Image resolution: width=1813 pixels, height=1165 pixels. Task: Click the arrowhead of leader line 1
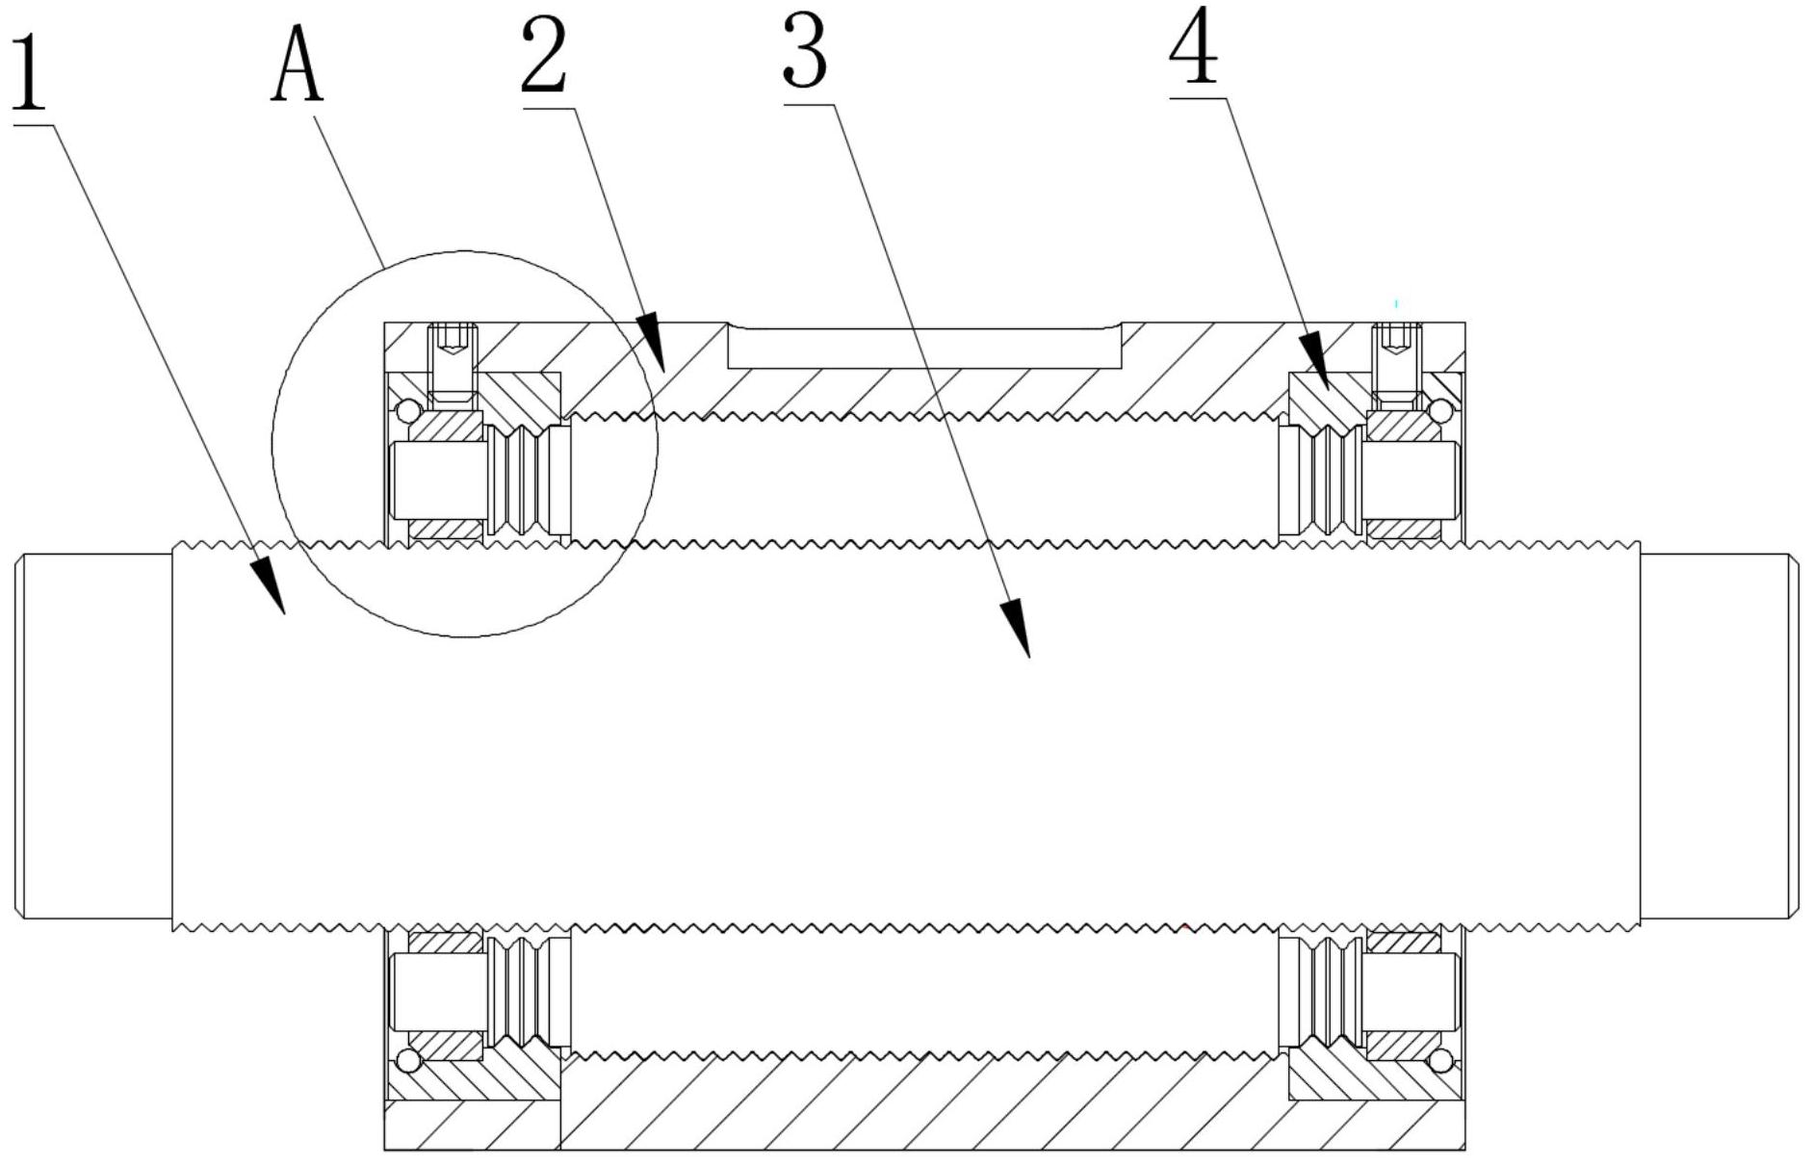coord(270,585)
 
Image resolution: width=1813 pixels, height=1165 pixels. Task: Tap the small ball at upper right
coord(1440,411)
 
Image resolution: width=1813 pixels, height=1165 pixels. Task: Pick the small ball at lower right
coord(1440,1061)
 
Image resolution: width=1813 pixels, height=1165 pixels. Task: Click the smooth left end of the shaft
coord(94,737)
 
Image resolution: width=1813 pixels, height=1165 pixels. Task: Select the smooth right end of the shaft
coord(1717,737)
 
